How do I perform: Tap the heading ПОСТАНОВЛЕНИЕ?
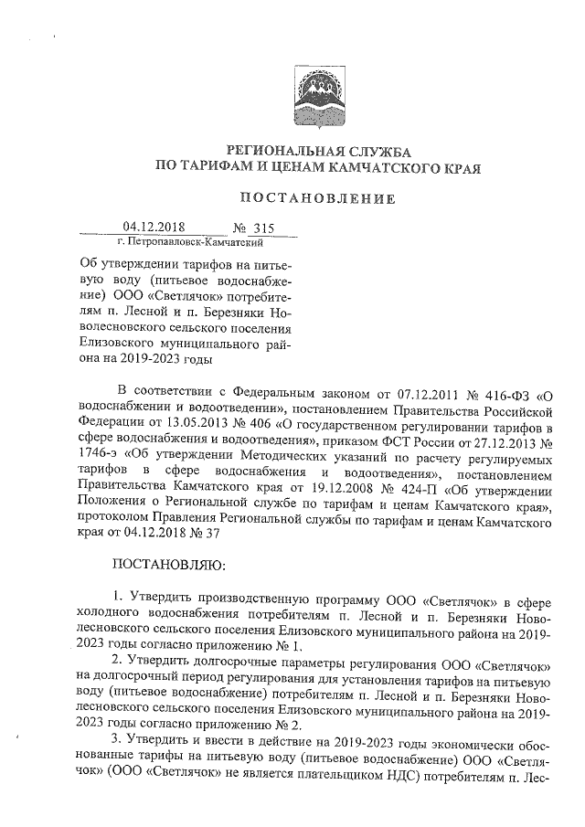[x=317, y=198]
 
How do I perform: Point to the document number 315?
[x=263, y=228]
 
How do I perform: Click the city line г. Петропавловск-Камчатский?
[x=191, y=243]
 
